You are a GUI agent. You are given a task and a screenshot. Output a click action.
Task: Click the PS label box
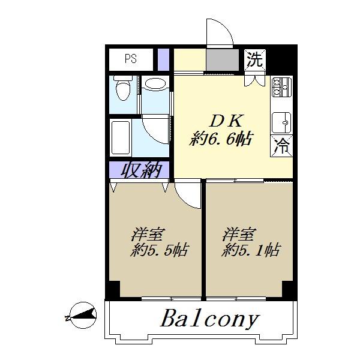(130, 59)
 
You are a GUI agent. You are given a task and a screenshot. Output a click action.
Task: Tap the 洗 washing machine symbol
(255, 60)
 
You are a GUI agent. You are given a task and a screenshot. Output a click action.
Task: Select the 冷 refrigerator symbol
(282, 145)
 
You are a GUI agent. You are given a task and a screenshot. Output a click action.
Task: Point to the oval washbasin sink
(155, 84)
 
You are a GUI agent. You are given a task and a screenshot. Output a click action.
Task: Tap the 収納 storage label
(142, 170)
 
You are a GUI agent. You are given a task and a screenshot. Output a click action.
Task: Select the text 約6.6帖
(220, 140)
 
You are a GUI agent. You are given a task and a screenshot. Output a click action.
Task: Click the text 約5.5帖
(159, 250)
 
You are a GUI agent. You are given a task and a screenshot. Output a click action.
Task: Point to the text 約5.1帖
(250, 250)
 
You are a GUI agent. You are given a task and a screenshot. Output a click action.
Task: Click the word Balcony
(209, 319)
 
